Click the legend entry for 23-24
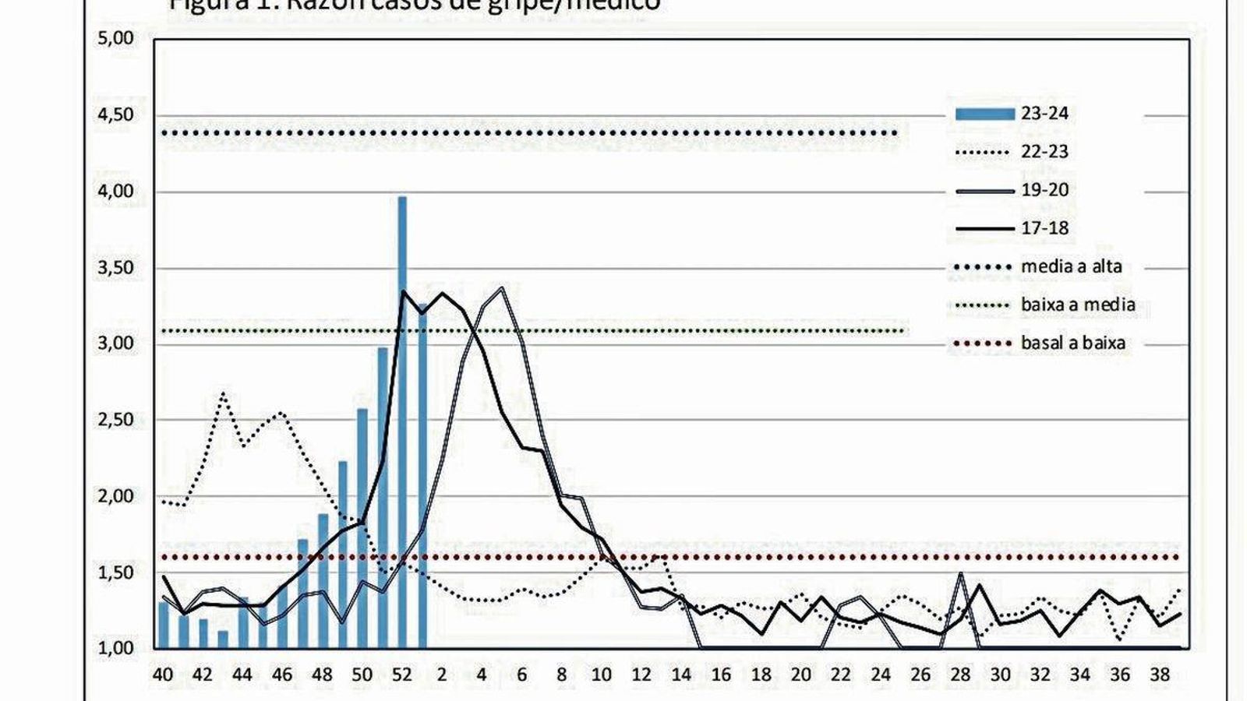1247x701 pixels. click(1044, 114)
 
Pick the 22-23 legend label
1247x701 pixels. click(1044, 152)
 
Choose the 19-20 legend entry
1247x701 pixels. click(1044, 190)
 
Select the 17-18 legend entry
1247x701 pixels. click(1044, 228)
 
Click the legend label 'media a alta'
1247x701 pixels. click(1071, 266)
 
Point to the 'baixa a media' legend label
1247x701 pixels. click(1077, 305)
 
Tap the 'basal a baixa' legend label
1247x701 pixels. click(1072, 343)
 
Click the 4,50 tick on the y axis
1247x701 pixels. click(115, 114)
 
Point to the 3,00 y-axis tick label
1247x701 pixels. click(115, 343)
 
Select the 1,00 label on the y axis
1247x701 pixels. click(115, 648)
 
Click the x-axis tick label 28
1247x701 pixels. click(960, 675)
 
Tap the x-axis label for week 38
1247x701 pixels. click(1160, 675)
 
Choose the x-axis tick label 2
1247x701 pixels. click(442, 675)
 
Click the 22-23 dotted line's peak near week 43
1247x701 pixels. click(223, 393)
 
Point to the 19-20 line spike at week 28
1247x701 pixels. click(961, 575)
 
